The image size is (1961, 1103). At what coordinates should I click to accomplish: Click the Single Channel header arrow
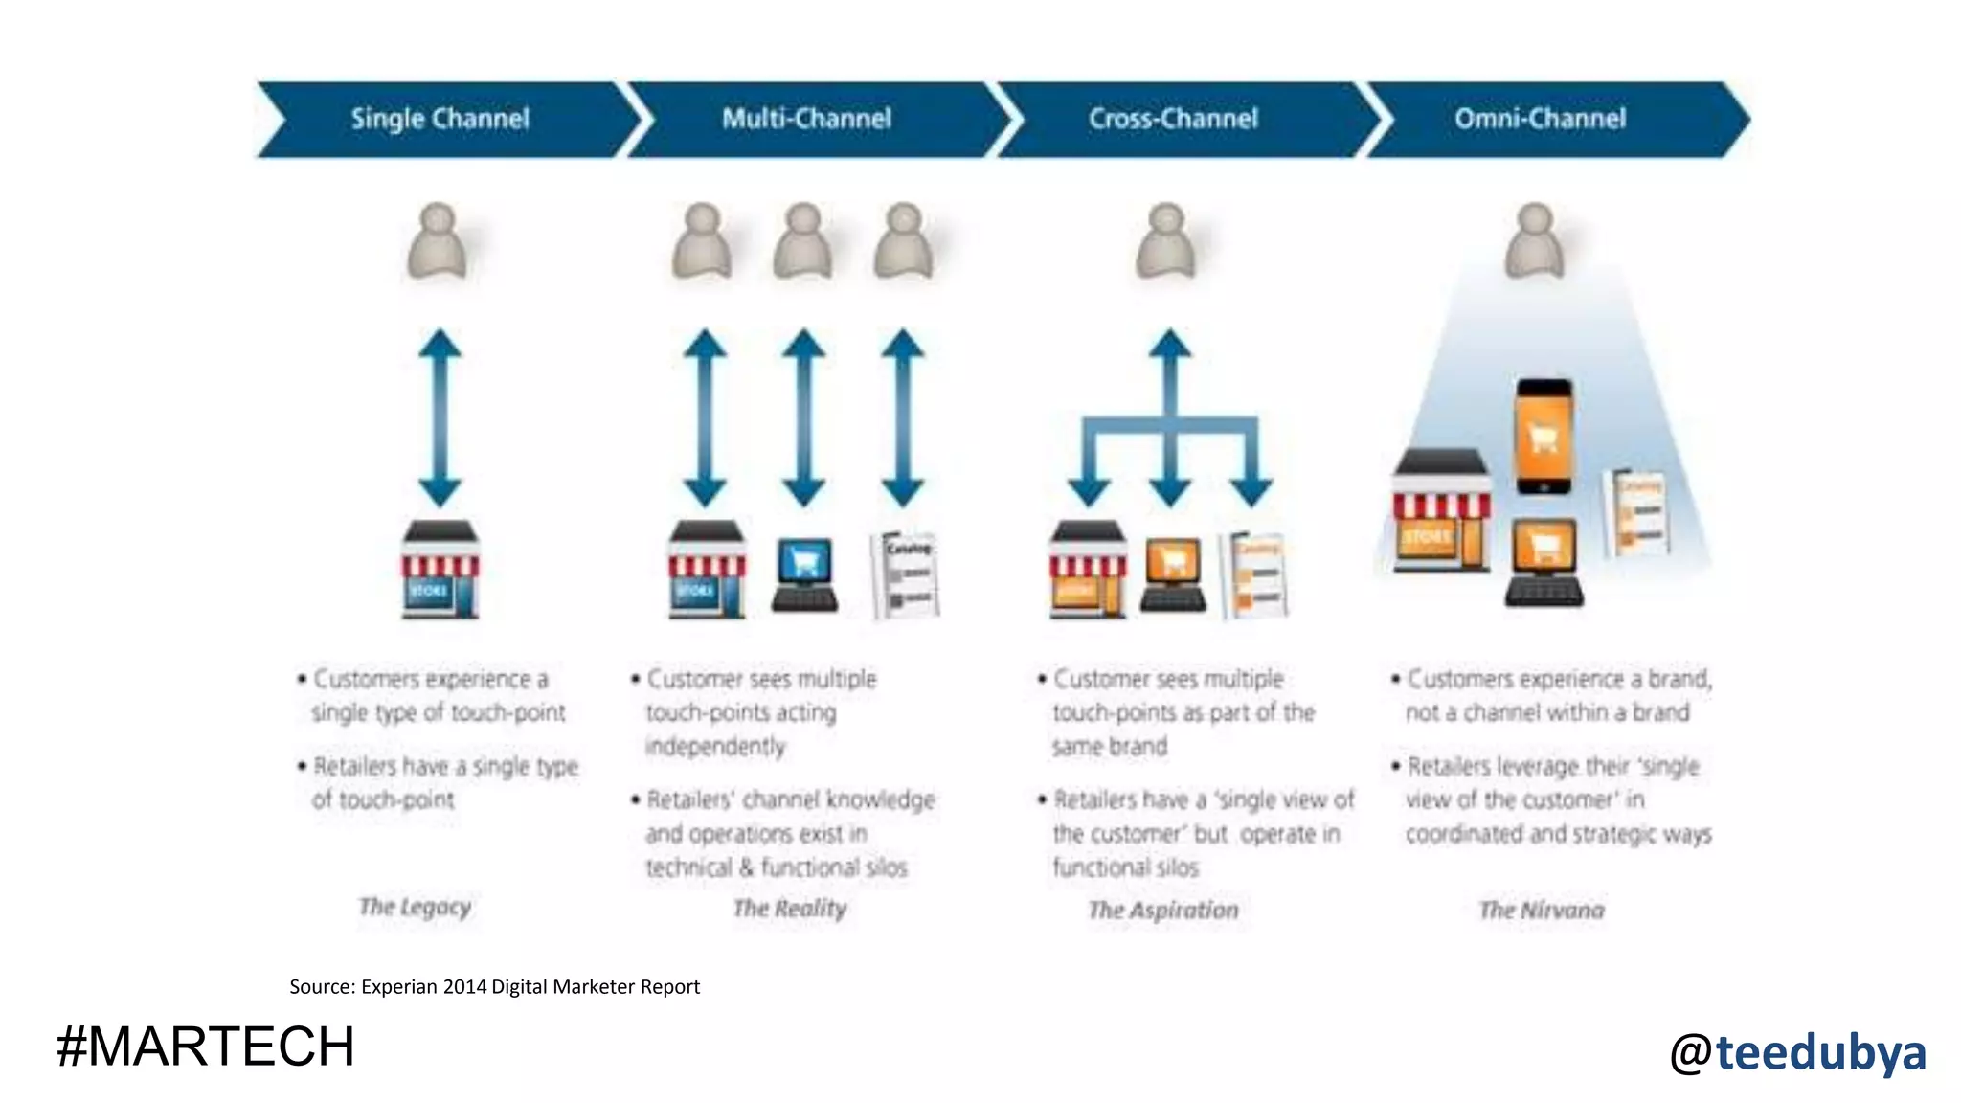440,120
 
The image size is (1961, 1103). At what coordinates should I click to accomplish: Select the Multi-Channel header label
806,119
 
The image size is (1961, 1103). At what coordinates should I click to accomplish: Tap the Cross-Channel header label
1173,119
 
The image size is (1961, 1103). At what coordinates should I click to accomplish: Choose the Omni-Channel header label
1540,119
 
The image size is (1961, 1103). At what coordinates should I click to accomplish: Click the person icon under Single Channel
438,242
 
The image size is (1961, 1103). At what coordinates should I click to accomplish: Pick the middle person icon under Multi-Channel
802,242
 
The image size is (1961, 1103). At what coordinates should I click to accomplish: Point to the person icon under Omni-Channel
1535,242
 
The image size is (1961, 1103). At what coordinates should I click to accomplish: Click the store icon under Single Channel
440,571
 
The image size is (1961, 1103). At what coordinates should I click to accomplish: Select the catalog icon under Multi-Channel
905,574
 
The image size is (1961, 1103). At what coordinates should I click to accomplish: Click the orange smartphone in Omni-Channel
1544,437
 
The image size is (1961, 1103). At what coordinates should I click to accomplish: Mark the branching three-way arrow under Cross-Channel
1169,421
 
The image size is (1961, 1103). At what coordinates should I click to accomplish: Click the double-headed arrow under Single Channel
440,418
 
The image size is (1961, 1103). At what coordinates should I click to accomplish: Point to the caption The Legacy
415,907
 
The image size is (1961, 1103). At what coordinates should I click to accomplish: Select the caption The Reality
790,909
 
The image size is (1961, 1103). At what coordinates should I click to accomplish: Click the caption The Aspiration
1162,910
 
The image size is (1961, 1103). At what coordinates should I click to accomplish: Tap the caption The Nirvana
1541,910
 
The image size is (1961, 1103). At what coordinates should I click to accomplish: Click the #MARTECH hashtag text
206,1047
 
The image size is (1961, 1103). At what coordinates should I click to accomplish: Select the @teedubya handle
1797,1052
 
